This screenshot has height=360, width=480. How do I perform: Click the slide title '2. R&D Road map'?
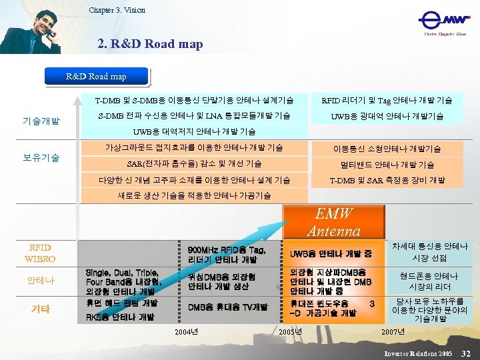[150, 45]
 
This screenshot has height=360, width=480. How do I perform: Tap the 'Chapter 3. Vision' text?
[117, 10]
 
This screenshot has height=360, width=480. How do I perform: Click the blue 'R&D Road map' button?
[96, 77]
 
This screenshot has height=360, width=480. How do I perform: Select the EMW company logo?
[443, 25]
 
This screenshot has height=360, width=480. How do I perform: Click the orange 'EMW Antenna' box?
[333, 222]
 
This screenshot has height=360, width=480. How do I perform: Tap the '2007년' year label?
[393, 331]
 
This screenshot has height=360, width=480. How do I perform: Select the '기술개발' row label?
[41, 121]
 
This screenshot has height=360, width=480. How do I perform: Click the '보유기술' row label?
[41, 158]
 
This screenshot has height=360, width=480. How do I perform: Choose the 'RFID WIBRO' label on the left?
[40, 253]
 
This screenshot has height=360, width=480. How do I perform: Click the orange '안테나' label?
[40, 281]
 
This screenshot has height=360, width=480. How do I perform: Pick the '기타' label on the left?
[40, 309]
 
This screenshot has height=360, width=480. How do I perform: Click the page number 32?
[466, 352]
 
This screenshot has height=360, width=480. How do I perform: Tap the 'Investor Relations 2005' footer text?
[418, 352]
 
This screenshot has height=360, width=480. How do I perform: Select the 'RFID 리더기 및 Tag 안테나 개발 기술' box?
[387, 100]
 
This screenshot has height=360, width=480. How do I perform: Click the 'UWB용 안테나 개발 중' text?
[331, 254]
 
